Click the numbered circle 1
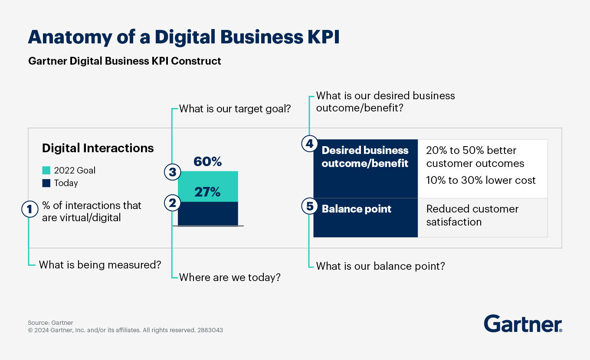[29, 209]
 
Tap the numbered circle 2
[172, 203]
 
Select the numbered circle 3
[172, 172]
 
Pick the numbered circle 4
[309, 144]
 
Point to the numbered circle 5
[309, 206]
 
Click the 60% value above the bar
[207, 162]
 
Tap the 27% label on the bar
[207, 192]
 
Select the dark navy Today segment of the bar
[208, 214]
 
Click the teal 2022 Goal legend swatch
[46, 170]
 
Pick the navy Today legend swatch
[46, 183]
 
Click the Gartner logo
[523, 324]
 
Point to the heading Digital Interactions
[98, 148]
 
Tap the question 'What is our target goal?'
[235, 108]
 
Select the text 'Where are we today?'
[229, 277]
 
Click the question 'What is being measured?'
[100, 264]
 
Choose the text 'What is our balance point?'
[380, 266]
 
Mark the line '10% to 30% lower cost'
[481, 180]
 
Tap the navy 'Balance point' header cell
[365, 217]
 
